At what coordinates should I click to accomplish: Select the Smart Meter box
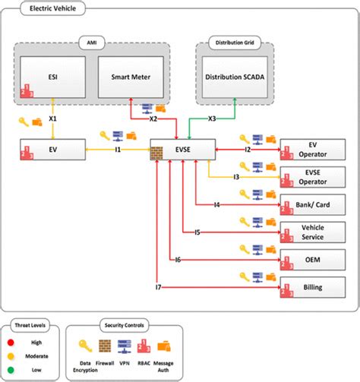point(128,76)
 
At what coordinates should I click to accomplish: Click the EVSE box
point(180,150)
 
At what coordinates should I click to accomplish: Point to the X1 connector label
point(53,120)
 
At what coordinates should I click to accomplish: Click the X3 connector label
point(212,120)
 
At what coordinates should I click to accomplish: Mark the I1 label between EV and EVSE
point(118,150)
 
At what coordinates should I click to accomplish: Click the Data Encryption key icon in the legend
point(87,344)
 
